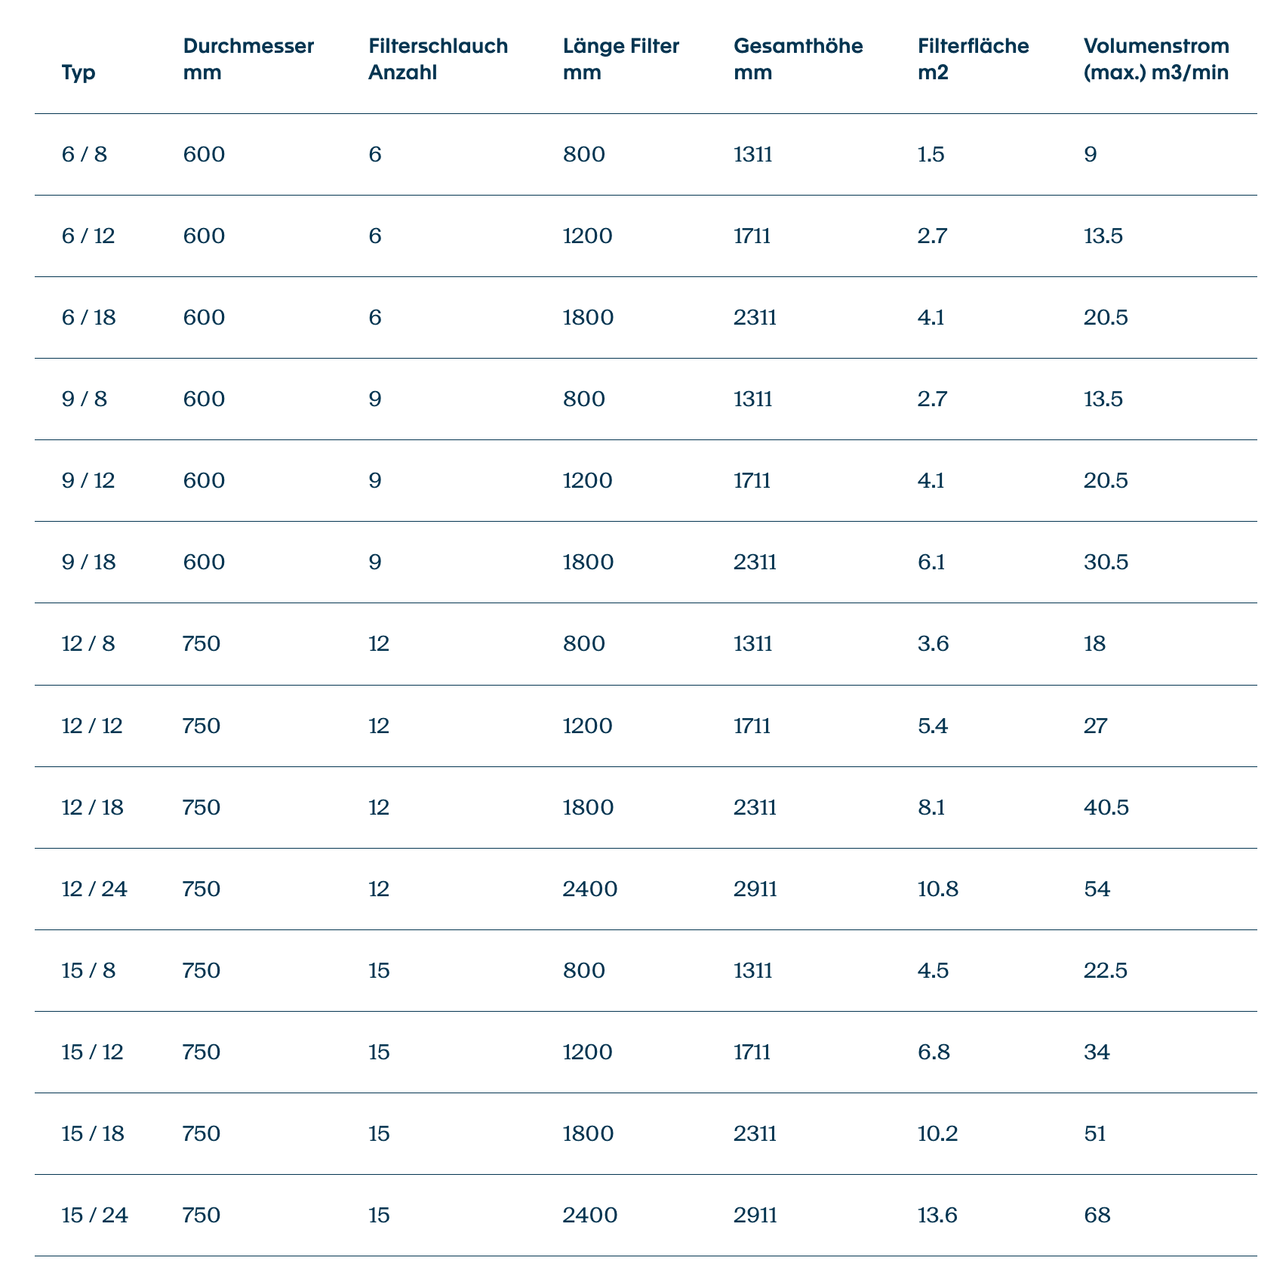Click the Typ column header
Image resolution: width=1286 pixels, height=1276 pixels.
pos(78,73)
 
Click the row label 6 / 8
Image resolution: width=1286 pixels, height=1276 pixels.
pos(85,155)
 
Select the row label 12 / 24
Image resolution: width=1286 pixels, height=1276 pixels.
pos(94,889)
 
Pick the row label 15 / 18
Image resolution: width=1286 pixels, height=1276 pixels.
pos(94,1133)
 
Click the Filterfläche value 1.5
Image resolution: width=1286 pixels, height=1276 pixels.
pos(931,155)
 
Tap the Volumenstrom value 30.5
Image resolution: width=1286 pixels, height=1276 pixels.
pos(1106,562)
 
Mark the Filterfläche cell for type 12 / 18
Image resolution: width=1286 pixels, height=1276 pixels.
pos(933,807)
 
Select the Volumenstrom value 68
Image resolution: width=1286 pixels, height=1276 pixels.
pos(1097,1215)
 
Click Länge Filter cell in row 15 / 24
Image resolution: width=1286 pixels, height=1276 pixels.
pos(590,1215)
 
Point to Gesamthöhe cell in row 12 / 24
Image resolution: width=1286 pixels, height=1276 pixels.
pos(755,889)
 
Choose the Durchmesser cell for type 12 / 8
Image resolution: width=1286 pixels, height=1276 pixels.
pos(202,644)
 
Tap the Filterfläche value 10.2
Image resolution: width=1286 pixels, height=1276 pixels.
pos(938,1133)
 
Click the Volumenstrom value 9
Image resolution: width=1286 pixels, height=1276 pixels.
pos(1090,155)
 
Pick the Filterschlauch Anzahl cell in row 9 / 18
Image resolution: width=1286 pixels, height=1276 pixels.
pos(375,562)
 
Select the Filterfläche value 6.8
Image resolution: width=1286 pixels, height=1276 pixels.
pos(934,1052)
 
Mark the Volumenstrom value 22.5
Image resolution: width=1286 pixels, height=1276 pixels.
pos(1106,970)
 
